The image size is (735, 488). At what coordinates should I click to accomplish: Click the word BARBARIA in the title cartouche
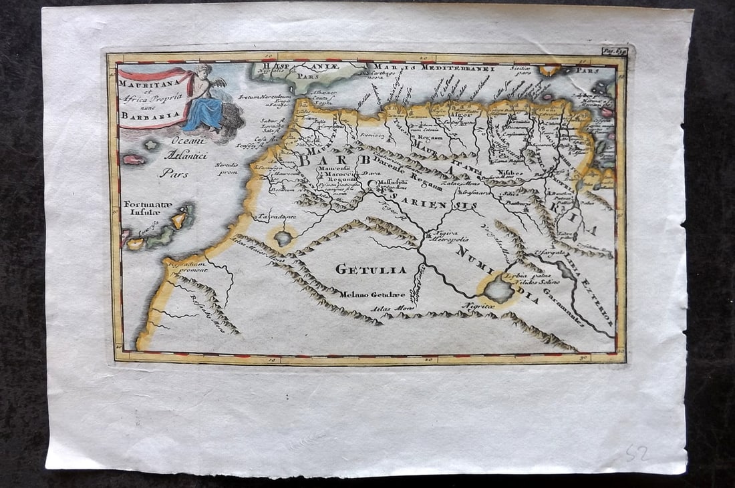141,114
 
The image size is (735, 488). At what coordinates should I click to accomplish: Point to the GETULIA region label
361,269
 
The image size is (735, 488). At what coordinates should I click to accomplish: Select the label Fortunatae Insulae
147,209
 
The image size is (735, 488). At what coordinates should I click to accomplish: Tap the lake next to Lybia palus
498,290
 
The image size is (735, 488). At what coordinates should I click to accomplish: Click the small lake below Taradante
283,238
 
